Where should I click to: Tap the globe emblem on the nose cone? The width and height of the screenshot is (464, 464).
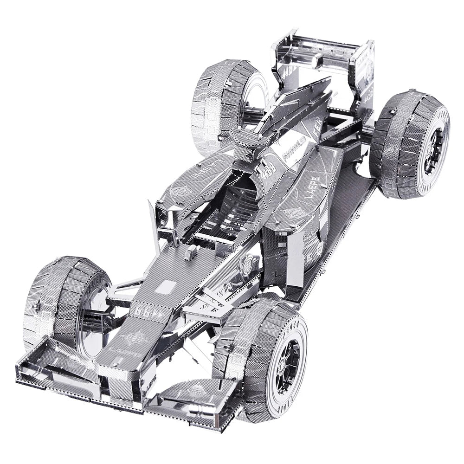[x=135, y=337]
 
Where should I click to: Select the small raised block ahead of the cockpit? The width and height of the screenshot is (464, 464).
[x=190, y=253]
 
